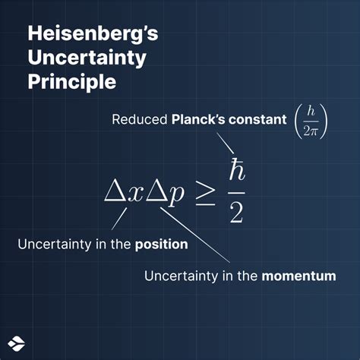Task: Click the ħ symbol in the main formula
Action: [x=235, y=168]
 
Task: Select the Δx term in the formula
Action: [x=123, y=193]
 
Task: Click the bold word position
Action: [x=162, y=245]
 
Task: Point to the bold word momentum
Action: [x=298, y=276]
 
